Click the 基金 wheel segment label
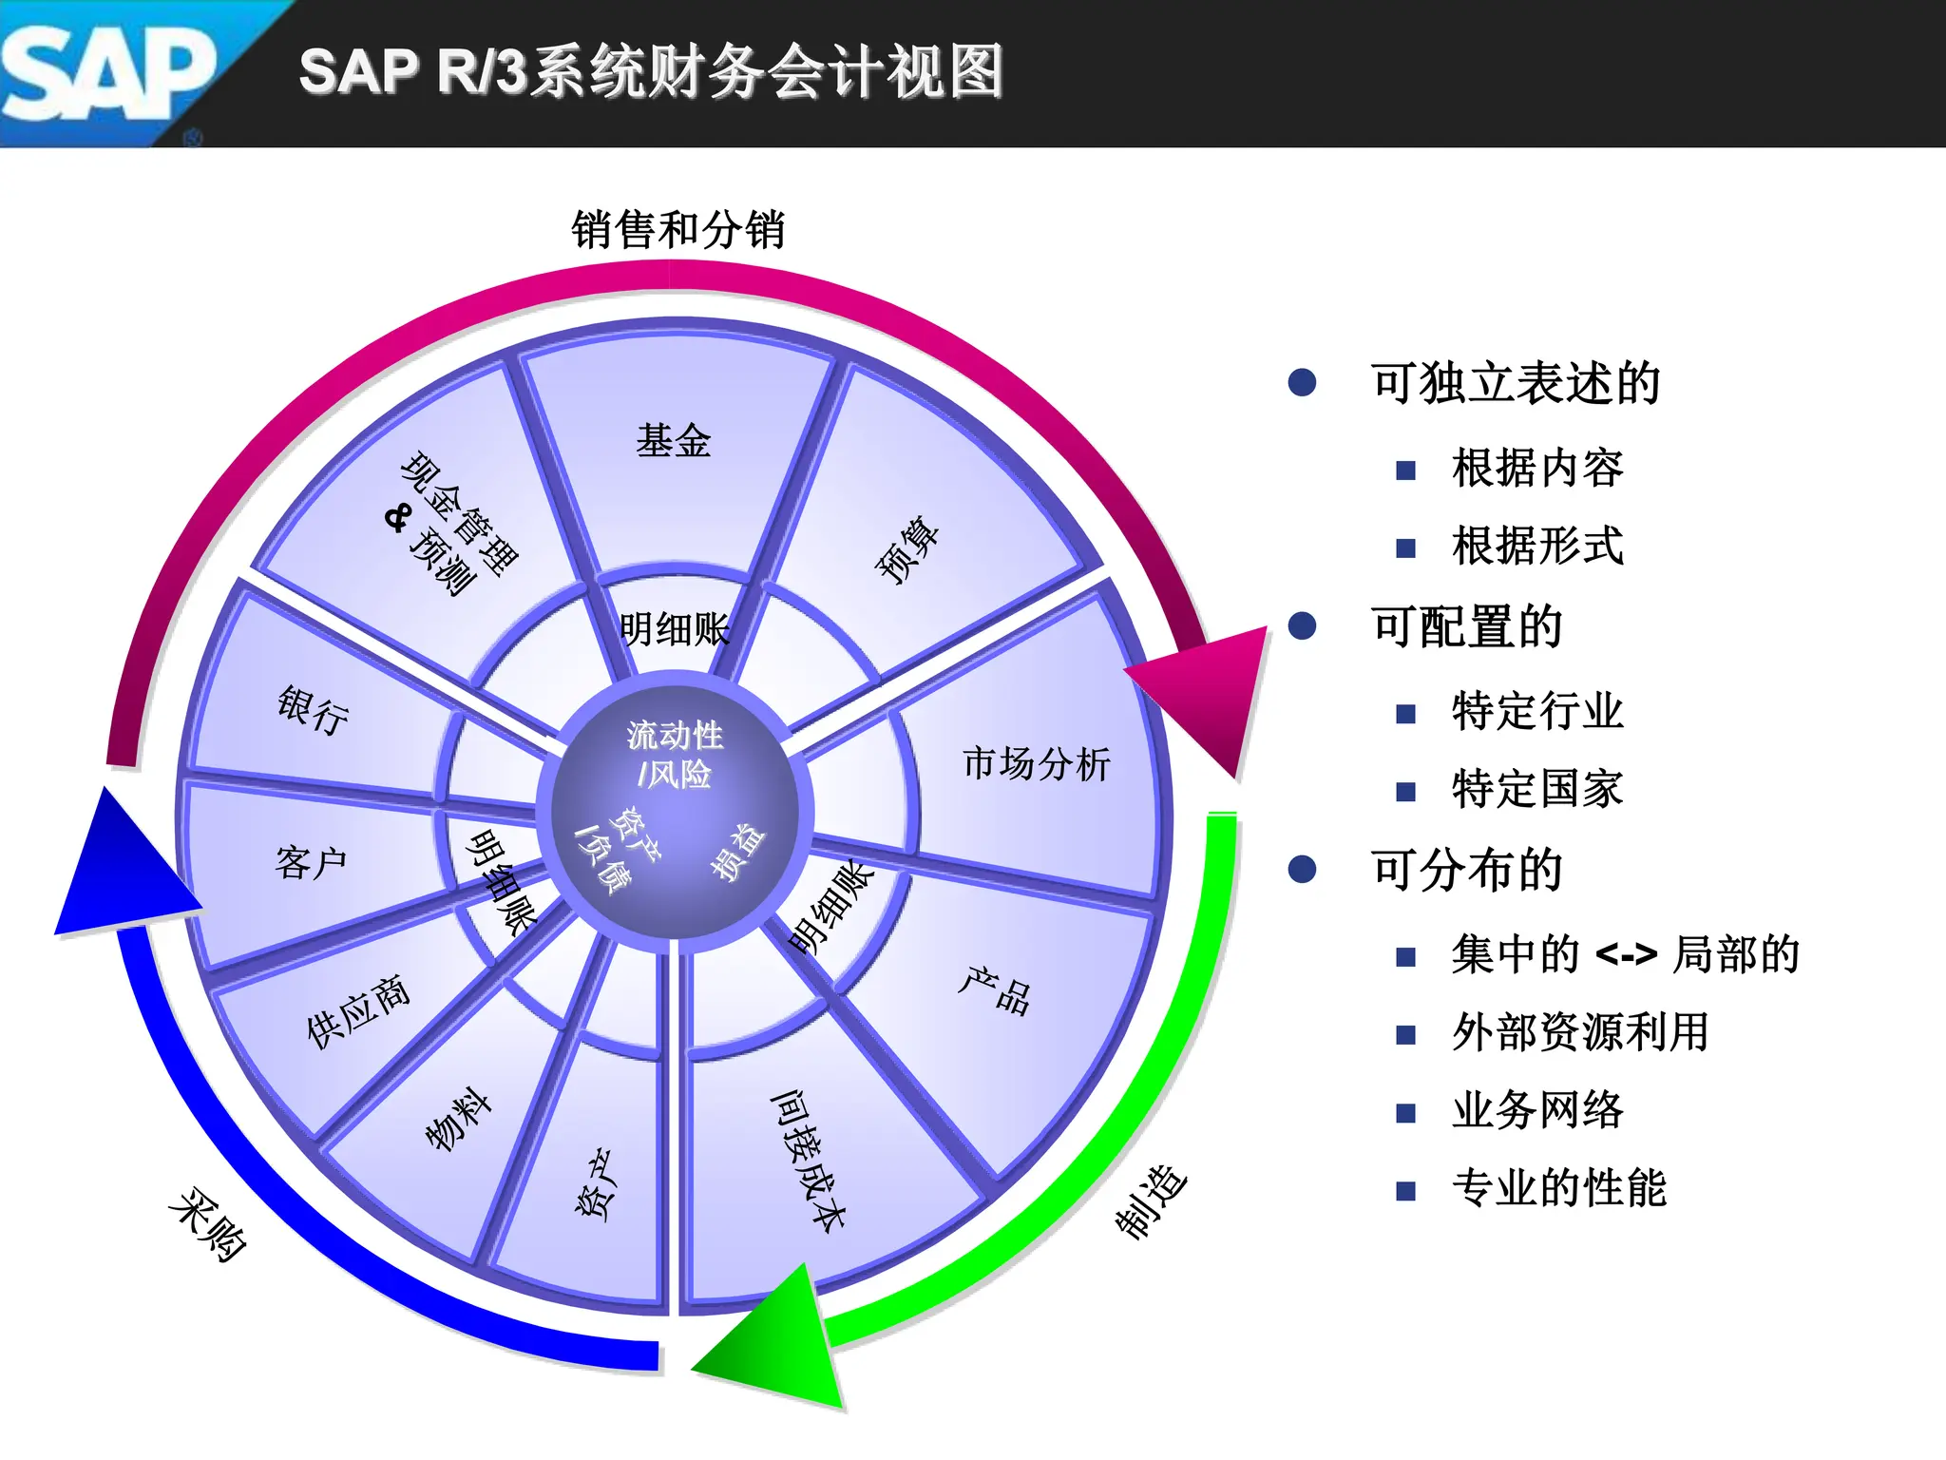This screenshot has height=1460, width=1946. click(673, 441)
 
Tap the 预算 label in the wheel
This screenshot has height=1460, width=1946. click(907, 548)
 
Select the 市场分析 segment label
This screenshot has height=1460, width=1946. click(1036, 763)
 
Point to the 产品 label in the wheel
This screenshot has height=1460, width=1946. click(994, 990)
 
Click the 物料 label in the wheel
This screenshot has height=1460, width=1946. click(458, 1119)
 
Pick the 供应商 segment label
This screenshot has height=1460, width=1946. click(358, 1011)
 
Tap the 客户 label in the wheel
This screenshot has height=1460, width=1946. click(311, 863)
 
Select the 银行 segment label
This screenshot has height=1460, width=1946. click(313, 709)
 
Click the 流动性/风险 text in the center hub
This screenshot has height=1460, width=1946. click(675, 755)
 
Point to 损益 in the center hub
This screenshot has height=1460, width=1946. click(738, 852)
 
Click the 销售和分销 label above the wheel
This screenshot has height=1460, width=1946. click(677, 230)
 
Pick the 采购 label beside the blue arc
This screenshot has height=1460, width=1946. click(207, 1224)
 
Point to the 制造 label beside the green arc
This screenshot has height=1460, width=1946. click(1151, 1201)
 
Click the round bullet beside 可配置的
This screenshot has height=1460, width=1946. click(1302, 626)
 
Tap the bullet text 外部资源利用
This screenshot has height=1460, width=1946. click(1580, 1032)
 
